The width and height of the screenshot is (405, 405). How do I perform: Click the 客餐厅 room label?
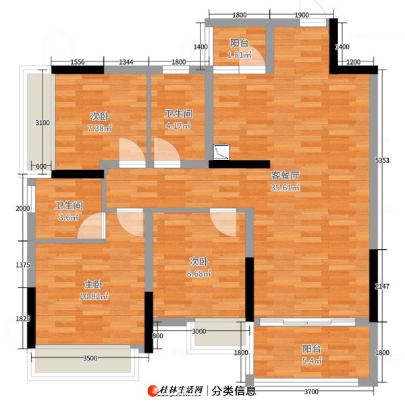[x=285, y=175]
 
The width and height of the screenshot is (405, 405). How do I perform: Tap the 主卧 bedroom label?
[x=94, y=284]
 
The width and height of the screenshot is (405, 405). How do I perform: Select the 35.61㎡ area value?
[x=285, y=187]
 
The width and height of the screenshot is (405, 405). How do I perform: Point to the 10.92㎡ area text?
[x=94, y=296]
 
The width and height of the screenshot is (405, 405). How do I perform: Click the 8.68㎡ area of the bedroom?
[x=199, y=273]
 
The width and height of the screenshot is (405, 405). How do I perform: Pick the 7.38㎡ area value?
[x=100, y=128]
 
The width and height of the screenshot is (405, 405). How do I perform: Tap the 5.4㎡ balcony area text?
[x=312, y=360]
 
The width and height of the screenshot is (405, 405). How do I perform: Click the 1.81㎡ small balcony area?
[x=240, y=55]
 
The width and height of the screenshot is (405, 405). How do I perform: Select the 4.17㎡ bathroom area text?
[x=178, y=126]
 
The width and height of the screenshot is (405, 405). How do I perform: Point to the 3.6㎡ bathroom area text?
[x=68, y=217]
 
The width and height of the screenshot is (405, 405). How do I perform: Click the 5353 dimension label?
[x=382, y=160]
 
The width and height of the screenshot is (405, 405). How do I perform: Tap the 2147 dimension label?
[x=382, y=286]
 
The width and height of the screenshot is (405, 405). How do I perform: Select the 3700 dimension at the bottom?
[x=311, y=391]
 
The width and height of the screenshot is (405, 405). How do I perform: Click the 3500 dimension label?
[x=90, y=358]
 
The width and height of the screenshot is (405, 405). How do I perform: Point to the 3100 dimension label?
[x=43, y=123]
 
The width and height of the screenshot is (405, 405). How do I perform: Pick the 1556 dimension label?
[x=78, y=62]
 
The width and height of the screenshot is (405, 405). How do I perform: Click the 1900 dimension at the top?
[x=302, y=15]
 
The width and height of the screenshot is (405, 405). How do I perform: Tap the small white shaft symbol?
[x=221, y=152]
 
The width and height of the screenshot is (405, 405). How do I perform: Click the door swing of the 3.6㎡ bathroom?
[x=91, y=225]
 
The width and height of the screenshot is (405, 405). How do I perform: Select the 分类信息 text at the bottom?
[x=234, y=391]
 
